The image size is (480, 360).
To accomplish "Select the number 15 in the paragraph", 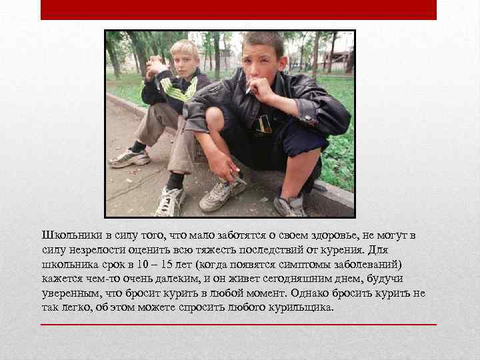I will (181, 264).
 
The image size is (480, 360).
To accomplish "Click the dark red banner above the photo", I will (238, 9).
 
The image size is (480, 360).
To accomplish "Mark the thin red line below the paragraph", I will (238, 325).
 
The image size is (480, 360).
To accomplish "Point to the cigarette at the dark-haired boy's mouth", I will (249, 87).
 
